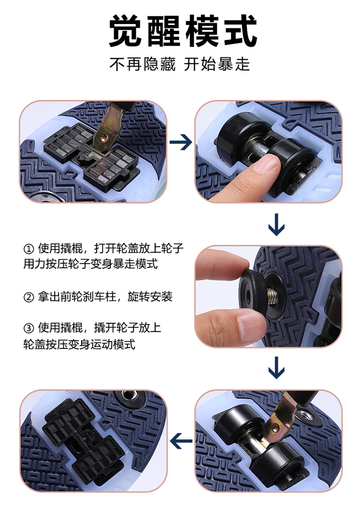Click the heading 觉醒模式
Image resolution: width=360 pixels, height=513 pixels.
coord(182,31)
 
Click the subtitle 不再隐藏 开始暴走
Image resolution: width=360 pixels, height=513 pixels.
coord(180,64)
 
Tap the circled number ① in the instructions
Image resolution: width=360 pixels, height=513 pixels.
coord(29,249)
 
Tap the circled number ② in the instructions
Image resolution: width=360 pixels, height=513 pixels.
coord(29,297)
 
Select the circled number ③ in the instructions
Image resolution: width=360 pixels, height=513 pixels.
coord(29,328)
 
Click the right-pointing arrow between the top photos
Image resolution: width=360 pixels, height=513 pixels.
coord(180,142)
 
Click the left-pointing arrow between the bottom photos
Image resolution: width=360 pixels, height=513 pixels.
coord(181,441)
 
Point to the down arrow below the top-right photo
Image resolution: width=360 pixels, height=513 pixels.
coord(276,225)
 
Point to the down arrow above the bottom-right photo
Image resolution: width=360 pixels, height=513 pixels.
coord(276,368)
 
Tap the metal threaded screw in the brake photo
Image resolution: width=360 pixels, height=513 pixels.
coord(272,295)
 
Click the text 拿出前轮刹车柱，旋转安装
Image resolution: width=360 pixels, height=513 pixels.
coord(105,297)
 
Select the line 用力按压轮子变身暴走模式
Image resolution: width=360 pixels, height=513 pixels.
coord(91,263)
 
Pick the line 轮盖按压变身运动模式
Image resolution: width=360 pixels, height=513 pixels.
coord(79,344)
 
